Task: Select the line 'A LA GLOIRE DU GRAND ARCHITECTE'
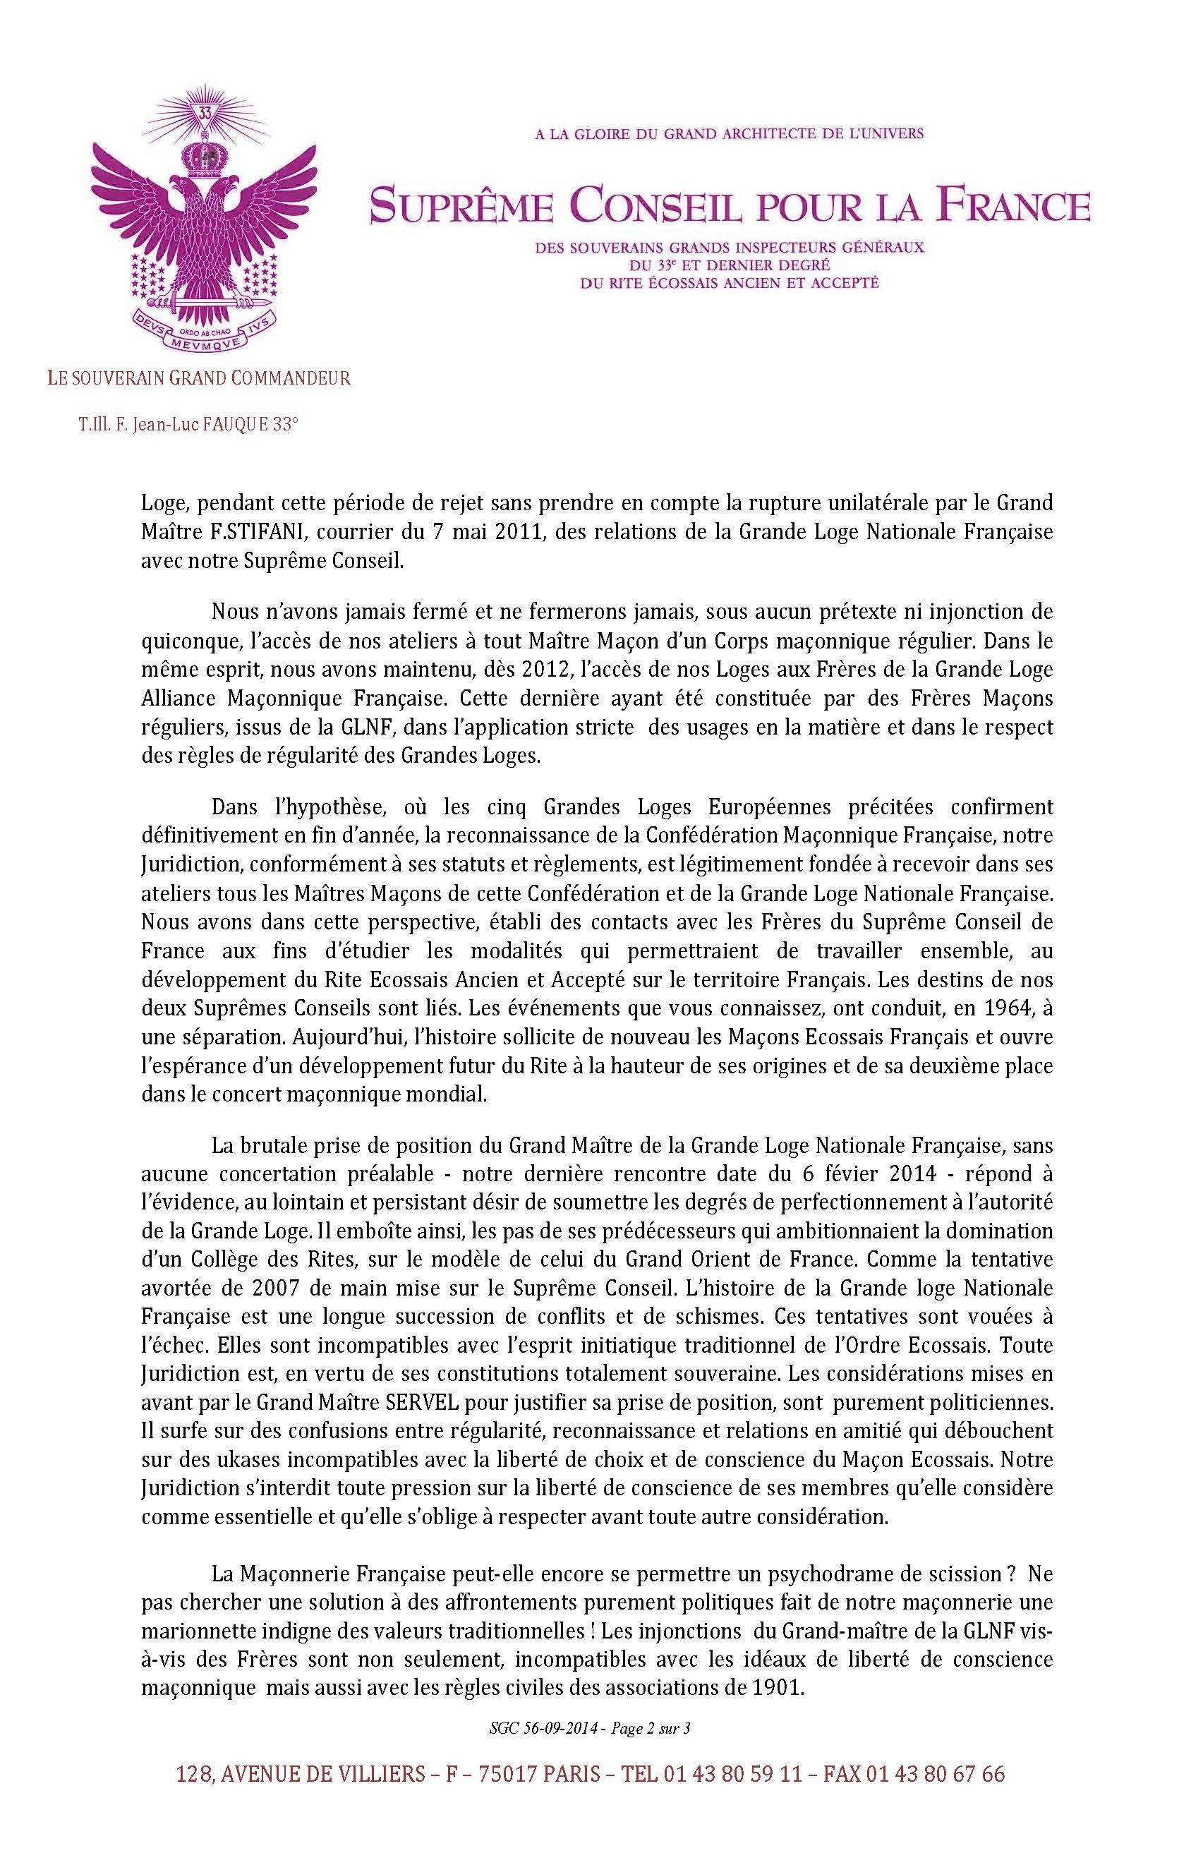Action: pos(729,134)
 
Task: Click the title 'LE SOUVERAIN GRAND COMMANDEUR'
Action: pos(198,379)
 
